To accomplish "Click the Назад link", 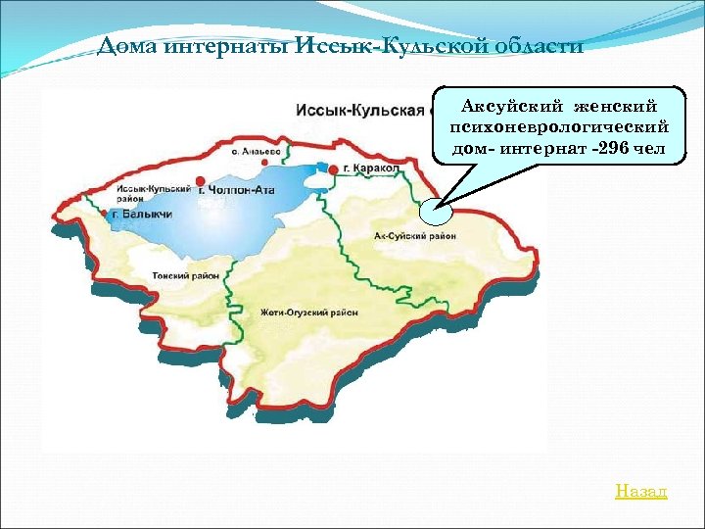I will [x=641, y=491].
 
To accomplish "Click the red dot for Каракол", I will [x=334, y=168].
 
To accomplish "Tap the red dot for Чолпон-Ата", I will [x=200, y=181].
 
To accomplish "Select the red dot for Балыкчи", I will [x=104, y=213].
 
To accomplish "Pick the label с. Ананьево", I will [x=255, y=152].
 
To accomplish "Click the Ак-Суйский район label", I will [x=415, y=236].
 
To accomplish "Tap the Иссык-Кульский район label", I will [x=147, y=192].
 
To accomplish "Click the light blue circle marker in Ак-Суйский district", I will [x=432, y=212].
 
